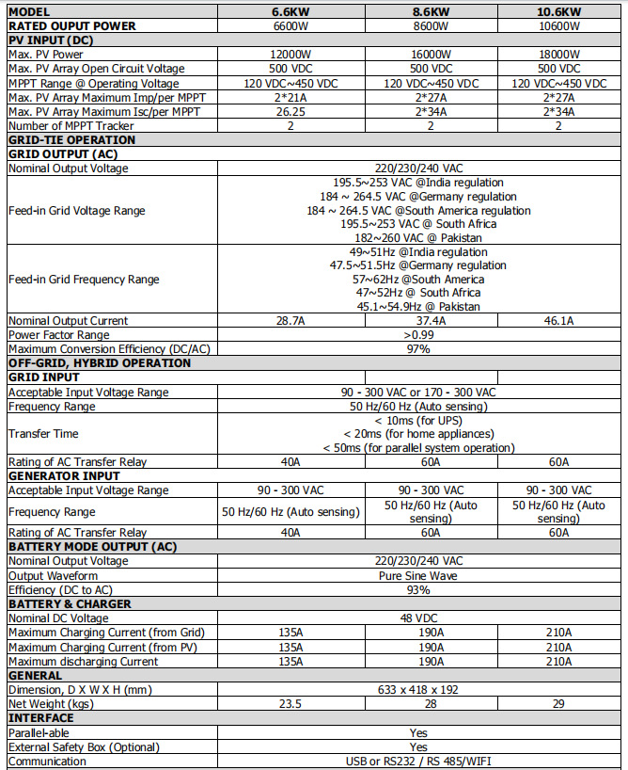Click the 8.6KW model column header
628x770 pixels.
[x=431, y=12]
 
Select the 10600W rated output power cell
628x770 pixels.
[x=559, y=26]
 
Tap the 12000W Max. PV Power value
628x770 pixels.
[x=290, y=55]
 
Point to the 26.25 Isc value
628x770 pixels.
[x=290, y=111]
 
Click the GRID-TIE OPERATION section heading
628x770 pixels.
[x=72, y=139]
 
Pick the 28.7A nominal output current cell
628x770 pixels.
[x=290, y=321]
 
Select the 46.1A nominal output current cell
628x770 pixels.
[x=559, y=321]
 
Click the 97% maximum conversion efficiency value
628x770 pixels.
[x=418, y=349]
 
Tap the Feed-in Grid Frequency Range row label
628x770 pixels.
[x=84, y=279]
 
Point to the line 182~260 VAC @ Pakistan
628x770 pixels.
[x=418, y=237]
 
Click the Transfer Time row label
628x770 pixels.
[x=43, y=433]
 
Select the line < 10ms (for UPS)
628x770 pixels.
[x=418, y=419]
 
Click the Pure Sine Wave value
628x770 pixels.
[x=418, y=575]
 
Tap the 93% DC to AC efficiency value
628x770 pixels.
[x=418, y=589]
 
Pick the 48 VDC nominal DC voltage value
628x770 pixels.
[x=418, y=618]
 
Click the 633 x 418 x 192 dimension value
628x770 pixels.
[x=418, y=689]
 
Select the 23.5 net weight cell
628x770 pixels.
[x=290, y=703]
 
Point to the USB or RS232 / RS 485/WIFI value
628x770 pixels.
[x=418, y=761]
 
